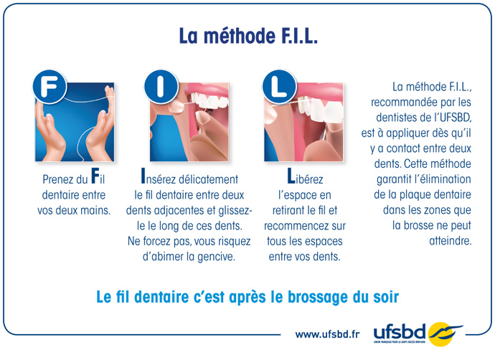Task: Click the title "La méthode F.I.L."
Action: tap(247, 36)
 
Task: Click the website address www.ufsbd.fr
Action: tap(327, 334)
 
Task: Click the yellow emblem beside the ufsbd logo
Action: tap(445, 332)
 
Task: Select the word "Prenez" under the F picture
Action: tap(53, 179)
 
